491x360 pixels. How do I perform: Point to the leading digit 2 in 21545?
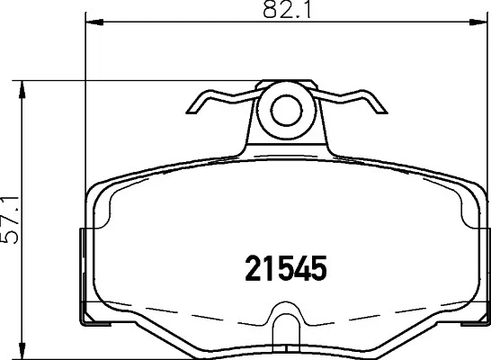[x=254, y=267]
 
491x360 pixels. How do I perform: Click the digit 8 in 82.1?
[x=270, y=12]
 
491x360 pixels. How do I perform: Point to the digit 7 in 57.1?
[x=12, y=226]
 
